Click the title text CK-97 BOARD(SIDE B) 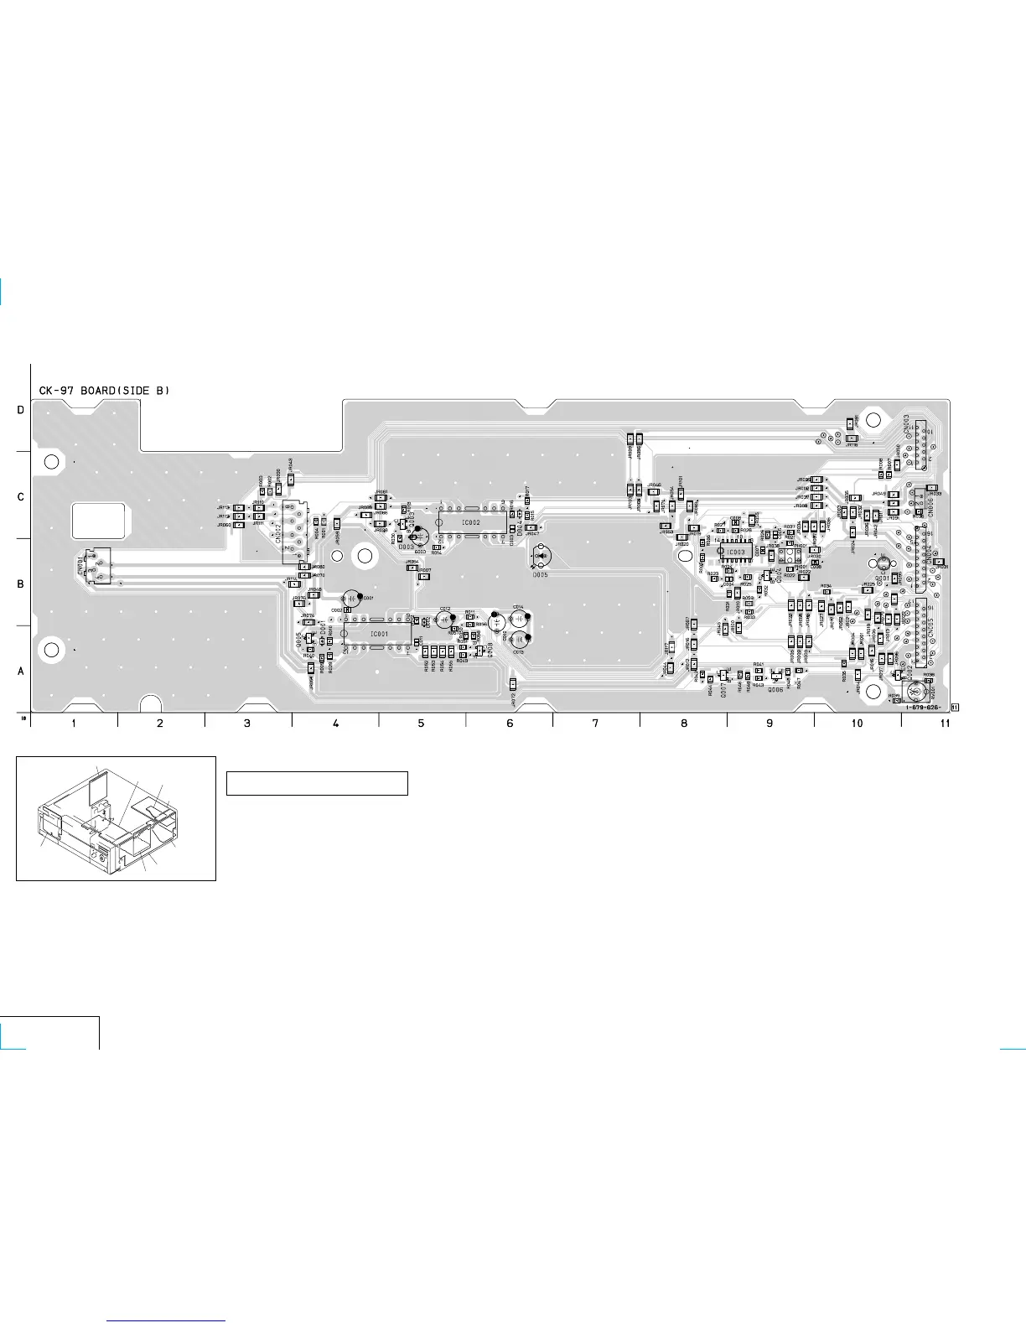coord(105,391)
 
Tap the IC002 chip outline coord(472,522)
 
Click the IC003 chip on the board coord(735,552)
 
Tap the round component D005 coord(541,556)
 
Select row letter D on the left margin coord(21,410)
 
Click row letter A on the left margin coord(21,671)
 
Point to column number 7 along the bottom coord(595,723)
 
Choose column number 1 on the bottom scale coord(74,723)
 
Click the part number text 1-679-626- coord(926,707)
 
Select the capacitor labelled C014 coord(520,619)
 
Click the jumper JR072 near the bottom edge coord(513,685)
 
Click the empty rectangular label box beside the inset coord(317,783)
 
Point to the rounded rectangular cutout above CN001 coord(99,521)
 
